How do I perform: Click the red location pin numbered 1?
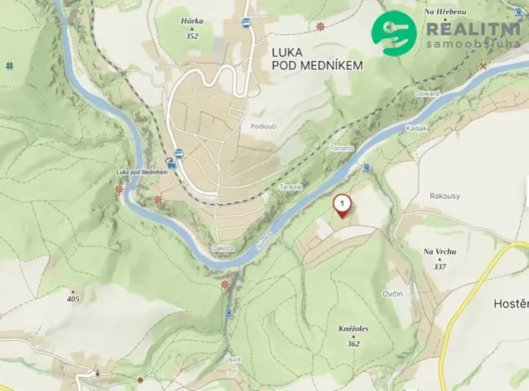point(342,206)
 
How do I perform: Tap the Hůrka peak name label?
point(191,22)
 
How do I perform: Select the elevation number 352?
point(191,36)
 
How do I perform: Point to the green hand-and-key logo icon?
point(394,33)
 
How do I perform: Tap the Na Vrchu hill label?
point(439,251)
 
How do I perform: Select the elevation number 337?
point(440,265)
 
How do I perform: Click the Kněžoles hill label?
point(353,330)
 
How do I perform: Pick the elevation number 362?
point(353,343)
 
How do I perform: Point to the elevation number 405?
point(74,298)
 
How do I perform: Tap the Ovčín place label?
point(393,293)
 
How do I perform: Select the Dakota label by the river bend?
point(222,248)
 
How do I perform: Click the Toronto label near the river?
point(341,148)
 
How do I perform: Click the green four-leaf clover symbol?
point(10,64)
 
